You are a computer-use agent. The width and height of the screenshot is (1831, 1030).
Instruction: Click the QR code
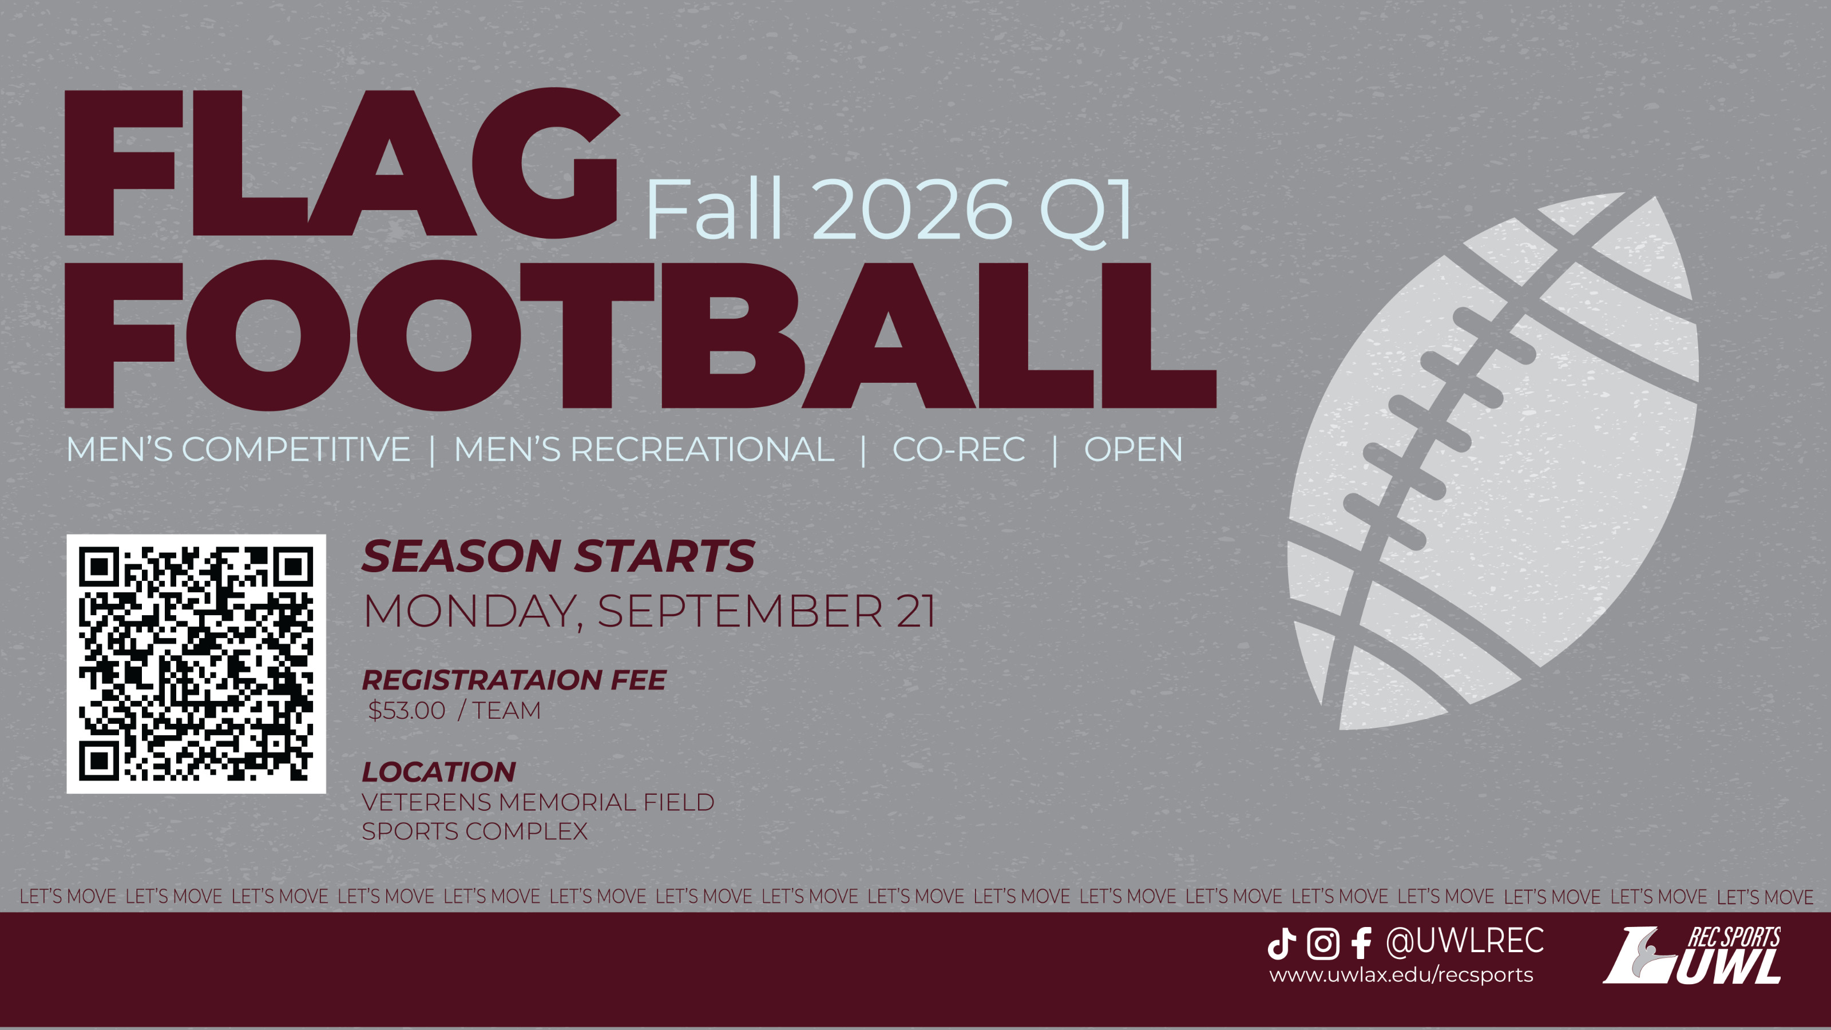click(x=196, y=663)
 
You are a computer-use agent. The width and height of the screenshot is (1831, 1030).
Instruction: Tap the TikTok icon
click(x=1282, y=943)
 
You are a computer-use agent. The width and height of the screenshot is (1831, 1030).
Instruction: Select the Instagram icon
click(x=1323, y=943)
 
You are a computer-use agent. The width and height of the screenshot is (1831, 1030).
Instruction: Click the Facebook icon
click(x=1361, y=943)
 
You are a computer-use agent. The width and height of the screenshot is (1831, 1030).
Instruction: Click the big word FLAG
click(x=342, y=163)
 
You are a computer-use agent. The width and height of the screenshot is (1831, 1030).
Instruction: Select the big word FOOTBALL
click(x=640, y=335)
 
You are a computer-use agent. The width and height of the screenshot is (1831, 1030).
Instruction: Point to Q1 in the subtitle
click(x=1085, y=212)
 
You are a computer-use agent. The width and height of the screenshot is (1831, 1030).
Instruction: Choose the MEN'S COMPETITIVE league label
click(x=238, y=449)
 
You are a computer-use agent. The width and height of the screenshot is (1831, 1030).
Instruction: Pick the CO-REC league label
click(x=959, y=449)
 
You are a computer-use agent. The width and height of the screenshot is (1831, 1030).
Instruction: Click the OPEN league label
click(x=1133, y=449)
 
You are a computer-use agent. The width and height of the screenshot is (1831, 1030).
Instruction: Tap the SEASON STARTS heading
click(x=558, y=556)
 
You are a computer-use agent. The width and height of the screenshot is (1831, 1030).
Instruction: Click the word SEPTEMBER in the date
click(x=740, y=611)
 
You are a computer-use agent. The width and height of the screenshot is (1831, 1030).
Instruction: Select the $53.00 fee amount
click(x=407, y=710)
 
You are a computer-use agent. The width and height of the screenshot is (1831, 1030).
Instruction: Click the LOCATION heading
click(x=438, y=772)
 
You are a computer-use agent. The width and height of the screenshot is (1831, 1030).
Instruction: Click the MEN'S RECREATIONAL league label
click(x=644, y=449)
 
